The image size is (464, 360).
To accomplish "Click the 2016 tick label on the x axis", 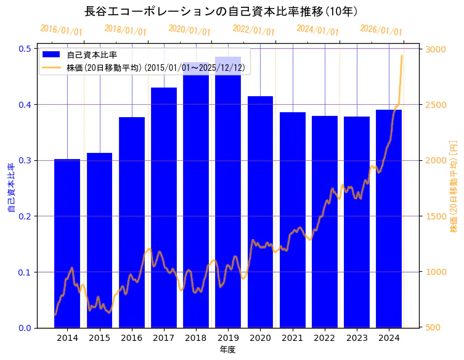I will (131, 338).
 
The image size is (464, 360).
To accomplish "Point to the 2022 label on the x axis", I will (324, 338).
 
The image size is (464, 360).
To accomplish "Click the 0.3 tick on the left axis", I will (26, 160).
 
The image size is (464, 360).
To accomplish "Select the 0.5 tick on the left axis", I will (26, 49).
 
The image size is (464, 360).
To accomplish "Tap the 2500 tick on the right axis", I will (436, 105).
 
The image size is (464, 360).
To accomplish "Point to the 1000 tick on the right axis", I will (436, 272).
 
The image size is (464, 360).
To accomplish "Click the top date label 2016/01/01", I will (61, 30).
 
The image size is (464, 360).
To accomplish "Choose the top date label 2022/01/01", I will (253, 30).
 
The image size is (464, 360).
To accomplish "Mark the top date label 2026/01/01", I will (381, 30).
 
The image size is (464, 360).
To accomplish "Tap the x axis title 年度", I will (227, 350).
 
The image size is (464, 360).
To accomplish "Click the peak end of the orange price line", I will (402, 56).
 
